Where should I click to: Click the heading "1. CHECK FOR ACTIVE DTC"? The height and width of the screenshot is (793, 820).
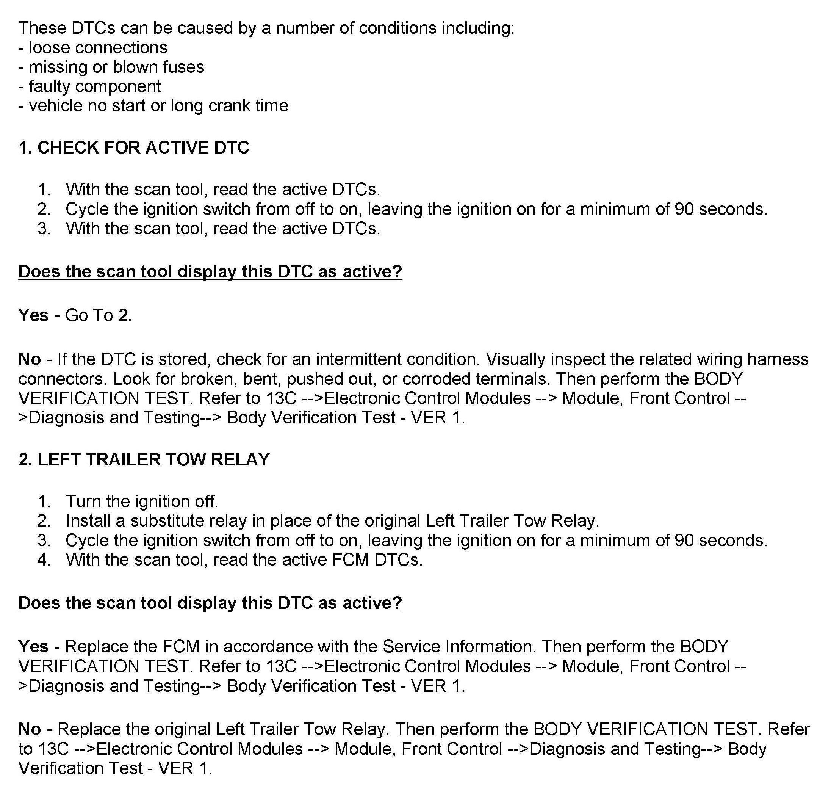[134, 148]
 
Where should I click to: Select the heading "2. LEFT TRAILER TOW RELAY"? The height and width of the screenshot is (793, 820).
[144, 459]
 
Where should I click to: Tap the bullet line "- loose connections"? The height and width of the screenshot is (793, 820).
[93, 48]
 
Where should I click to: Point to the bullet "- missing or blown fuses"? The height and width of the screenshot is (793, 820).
[111, 67]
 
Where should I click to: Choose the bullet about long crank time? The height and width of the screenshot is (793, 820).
[153, 106]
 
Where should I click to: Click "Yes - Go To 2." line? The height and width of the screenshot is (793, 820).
[75, 315]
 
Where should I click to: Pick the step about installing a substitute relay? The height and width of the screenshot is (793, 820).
[332, 521]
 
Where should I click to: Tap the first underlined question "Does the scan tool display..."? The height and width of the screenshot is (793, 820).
[210, 271]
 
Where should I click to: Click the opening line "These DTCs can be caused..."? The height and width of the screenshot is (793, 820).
[266, 28]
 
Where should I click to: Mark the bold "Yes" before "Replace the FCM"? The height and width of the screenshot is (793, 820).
[33, 647]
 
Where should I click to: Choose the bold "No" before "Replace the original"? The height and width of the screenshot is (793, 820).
[29, 729]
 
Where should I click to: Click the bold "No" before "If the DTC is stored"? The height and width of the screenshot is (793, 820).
[29, 359]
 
